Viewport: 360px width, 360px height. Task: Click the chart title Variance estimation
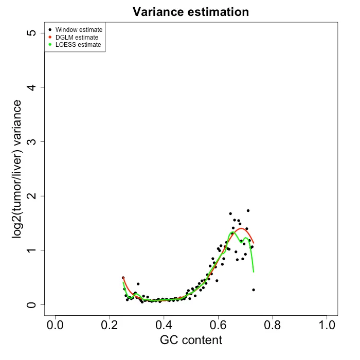click(191, 12)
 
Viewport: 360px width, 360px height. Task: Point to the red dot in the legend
click(49, 38)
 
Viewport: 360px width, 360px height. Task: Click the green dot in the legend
click(49, 45)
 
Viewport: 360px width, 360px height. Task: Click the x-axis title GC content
click(191, 340)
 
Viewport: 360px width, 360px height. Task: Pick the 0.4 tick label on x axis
click(164, 326)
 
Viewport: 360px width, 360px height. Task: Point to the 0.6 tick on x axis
click(218, 326)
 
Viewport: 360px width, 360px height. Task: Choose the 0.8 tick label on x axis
click(273, 326)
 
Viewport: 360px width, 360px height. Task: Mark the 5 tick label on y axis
click(32, 33)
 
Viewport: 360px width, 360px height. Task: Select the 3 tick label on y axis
click(32, 141)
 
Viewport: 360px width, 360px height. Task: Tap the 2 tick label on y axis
click(32, 196)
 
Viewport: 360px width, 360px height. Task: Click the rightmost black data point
click(254, 290)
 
